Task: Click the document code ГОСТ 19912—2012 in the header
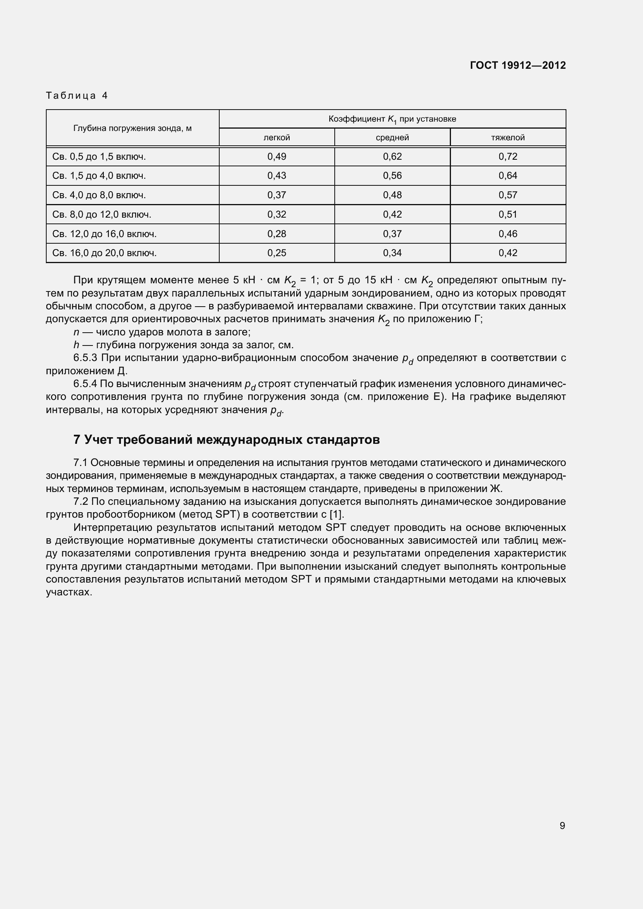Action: [x=517, y=65]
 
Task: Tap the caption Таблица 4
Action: [x=77, y=96]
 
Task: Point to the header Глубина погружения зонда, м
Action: [x=132, y=128]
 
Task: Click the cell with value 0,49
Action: [x=277, y=156]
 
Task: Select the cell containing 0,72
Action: [x=508, y=156]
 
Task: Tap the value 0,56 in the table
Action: [x=392, y=175]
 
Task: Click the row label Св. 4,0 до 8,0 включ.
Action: [x=99, y=195]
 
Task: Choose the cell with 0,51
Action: [x=508, y=214]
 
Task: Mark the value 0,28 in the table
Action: [x=277, y=234]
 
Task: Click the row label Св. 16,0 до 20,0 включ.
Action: [x=105, y=253]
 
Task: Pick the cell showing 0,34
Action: [x=392, y=253]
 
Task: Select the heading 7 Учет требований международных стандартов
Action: [x=227, y=440]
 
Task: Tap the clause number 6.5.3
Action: [x=85, y=358]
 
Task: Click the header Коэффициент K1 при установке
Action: [x=392, y=119]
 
